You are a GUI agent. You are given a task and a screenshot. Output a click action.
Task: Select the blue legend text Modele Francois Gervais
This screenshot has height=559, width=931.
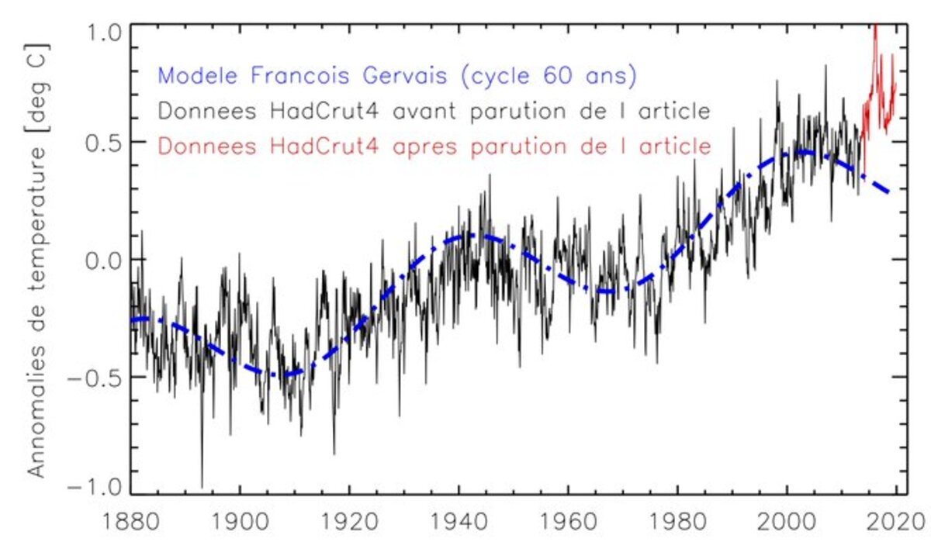303,76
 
